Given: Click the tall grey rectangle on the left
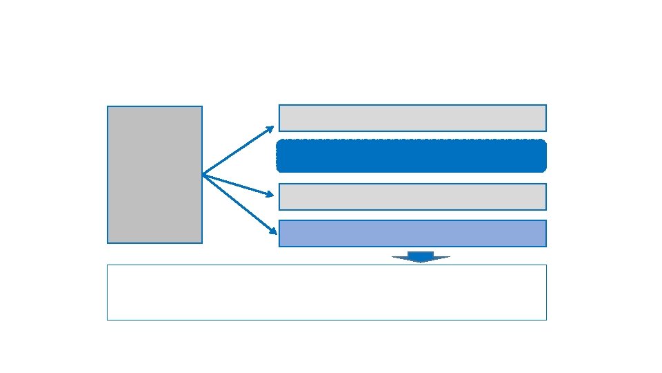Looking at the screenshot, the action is coord(154,174).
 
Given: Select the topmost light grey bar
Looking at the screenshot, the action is coord(412,117).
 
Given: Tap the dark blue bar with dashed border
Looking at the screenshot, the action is coord(412,156).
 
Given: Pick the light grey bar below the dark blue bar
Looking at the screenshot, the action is coord(412,196).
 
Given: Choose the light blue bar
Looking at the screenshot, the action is coord(412,233).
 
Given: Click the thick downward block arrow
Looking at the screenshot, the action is coord(421,256).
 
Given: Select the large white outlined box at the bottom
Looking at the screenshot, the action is coord(327,292).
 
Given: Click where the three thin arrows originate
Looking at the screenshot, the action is coord(203,175).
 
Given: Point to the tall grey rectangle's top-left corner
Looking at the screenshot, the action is coord(108,106).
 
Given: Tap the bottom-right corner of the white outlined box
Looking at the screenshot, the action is coord(546,320).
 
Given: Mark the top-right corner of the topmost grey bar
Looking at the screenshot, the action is coord(546,105).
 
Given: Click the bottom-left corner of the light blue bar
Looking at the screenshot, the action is coord(279,246).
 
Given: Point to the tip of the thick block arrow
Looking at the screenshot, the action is coord(421,262).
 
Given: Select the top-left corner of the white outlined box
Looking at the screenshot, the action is coord(108,265).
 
